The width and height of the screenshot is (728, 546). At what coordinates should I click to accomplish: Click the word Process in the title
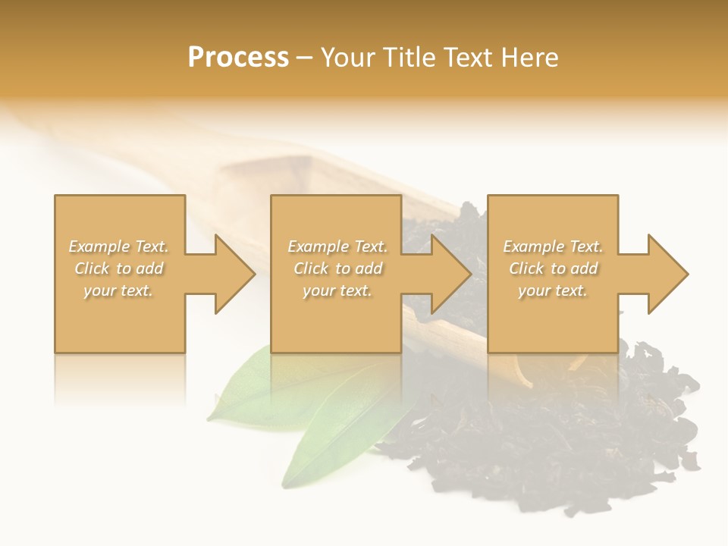pyautogui.click(x=238, y=58)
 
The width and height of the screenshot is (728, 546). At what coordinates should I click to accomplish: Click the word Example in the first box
pyautogui.click(x=98, y=246)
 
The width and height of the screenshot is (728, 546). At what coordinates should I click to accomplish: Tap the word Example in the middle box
pyautogui.click(x=316, y=246)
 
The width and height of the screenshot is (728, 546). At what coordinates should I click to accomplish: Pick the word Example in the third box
pyautogui.click(x=532, y=246)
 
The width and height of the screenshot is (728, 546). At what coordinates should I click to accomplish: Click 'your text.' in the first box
pyautogui.click(x=118, y=290)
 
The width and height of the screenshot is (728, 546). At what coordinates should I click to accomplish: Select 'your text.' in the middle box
pyautogui.click(x=337, y=290)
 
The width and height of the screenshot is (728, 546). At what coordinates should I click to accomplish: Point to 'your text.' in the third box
pyautogui.click(x=553, y=290)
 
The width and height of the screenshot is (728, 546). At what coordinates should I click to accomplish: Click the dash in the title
pyautogui.click(x=305, y=58)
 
